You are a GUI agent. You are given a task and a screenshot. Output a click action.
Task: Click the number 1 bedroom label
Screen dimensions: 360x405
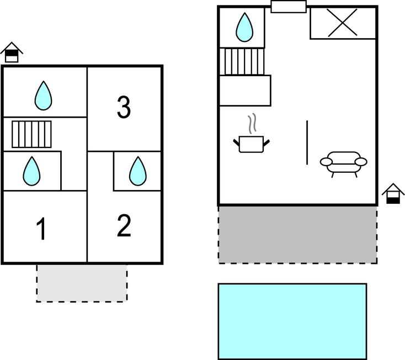[41, 229]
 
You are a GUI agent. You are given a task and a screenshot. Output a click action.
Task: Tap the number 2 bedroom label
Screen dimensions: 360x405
[124, 226]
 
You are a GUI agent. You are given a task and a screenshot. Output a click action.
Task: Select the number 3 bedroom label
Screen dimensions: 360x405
[124, 107]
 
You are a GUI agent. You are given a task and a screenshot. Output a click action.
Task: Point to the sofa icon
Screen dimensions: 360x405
[343, 163]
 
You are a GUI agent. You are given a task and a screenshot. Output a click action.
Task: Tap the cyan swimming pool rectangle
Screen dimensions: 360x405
[292, 321]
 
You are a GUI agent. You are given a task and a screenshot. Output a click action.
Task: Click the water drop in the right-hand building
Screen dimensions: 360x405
[244, 27]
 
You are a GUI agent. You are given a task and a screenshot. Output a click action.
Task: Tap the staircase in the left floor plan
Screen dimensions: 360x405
[31, 134]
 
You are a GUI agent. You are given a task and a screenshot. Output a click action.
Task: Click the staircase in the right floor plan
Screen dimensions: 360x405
[243, 61]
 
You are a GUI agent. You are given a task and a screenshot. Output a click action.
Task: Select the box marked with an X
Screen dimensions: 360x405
[343, 23]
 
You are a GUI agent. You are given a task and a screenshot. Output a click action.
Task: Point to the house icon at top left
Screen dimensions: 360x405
[11, 53]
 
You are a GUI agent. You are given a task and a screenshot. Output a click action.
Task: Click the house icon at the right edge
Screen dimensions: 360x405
[393, 194]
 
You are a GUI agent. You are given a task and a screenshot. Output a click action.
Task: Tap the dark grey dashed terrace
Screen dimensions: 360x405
[297, 234]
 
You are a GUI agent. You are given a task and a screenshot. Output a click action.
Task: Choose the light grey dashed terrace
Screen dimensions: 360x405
[82, 283]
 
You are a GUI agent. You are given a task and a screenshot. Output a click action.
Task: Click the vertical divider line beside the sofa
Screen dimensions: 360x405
[307, 142]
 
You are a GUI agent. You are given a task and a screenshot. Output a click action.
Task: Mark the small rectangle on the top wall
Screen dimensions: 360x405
[288, 7]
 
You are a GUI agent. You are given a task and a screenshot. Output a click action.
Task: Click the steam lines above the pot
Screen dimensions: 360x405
[252, 124]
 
